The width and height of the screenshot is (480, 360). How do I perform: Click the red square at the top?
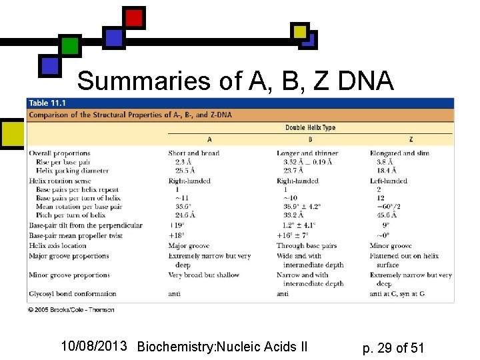point(134,17)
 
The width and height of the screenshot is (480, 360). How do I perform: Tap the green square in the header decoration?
point(70,45)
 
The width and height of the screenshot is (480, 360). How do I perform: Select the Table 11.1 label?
point(47,103)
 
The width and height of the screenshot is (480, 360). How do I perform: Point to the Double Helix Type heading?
point(310,127)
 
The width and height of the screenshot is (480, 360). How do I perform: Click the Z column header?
point(411,140)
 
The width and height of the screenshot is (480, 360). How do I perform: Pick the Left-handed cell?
point(389,181)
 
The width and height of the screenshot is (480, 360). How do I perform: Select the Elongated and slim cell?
point(399,153)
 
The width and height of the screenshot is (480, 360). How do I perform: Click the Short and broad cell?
point(193,153)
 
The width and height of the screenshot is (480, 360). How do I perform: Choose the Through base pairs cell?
point(307,246)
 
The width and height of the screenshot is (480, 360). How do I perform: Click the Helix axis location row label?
point(57,246)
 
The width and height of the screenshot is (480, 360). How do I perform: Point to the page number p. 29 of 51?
point(393,347)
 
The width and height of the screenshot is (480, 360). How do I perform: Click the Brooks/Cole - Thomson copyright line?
point(71,310)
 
